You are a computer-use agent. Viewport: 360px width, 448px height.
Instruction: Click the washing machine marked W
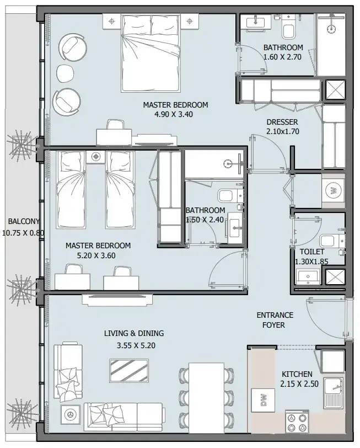pyautogui.click(x=333, y=190)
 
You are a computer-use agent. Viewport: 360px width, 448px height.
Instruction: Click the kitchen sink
pyautogui.click(x=334, y=392)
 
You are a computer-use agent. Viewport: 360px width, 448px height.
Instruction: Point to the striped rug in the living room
pyautogui.click(x=129, y=371)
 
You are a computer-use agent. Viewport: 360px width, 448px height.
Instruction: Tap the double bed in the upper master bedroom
pyautogui.click(x=151, y=54)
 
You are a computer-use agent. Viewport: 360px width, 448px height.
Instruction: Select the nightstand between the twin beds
pyautogui.click(x=95, y=157)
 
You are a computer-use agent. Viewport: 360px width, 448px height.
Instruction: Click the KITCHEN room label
pyautogui.click(x=297, y=374)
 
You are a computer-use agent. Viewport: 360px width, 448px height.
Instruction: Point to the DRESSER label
pyautogui.click(x=282, y=122)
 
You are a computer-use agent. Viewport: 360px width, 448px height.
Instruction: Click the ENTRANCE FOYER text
pyautogui.click(x=275, y=320)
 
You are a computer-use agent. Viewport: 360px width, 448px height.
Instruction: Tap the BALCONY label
pyautogui.click(x=24, y=221)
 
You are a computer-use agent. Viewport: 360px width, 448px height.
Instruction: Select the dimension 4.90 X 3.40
pyautogui.click(x=174, y=114)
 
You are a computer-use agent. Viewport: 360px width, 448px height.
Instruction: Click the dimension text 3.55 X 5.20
pyautogui.click(x=136, y=345)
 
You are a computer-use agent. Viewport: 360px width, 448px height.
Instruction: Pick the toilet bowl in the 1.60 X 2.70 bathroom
pyautogui.click(x=288, y=29)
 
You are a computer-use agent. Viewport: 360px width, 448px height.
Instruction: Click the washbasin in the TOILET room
pyautogui.click(x=308, y=277)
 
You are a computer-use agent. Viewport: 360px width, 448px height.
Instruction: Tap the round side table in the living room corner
pyautogui.click(x=70, y=413)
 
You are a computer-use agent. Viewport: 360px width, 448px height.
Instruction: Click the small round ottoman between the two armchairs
pyautogui.click(x=66, y=74)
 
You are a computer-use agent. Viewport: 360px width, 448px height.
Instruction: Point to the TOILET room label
pyautogui.click(x=311, y=252)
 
